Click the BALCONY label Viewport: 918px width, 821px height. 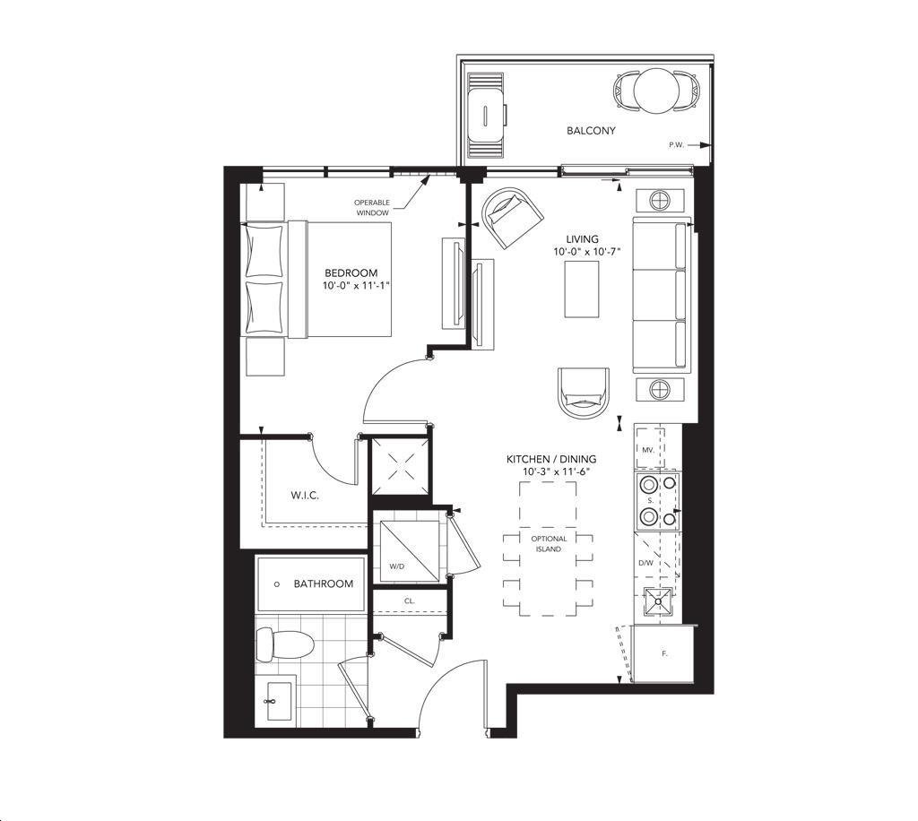591,131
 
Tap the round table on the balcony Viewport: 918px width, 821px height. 656,91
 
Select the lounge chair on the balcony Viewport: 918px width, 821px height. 485,115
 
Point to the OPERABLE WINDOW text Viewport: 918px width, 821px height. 372,208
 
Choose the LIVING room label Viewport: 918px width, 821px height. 582,238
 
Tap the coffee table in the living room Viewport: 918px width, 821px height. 581,290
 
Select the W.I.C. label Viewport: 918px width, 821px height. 305,496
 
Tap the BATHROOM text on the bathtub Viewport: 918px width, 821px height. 323,583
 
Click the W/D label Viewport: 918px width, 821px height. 397,566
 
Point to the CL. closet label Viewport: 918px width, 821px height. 409,601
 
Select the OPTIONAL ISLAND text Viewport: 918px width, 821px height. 549,544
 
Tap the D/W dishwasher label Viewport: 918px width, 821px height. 645,563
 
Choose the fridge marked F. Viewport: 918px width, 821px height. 663,653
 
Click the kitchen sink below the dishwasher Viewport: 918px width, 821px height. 658,602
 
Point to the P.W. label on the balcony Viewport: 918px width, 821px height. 676,144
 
